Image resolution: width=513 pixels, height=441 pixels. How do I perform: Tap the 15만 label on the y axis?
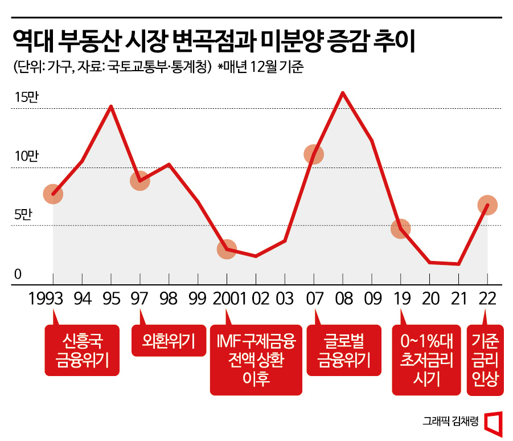point(26,97)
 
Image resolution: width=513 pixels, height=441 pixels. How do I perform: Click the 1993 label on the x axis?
point(52,299)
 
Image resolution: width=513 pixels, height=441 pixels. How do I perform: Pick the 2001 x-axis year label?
point(227,299)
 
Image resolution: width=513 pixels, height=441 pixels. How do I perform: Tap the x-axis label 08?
point(343,299)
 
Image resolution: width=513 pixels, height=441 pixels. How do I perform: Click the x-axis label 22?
point(487,299)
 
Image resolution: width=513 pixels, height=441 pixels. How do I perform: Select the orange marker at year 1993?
point(53,194)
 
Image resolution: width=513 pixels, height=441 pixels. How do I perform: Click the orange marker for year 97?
point(139,181)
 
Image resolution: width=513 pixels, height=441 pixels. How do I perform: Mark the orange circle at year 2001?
point(227,250)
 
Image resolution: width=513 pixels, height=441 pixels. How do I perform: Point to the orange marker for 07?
point(314,154)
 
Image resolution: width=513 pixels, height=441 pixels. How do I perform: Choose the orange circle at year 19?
point(401,229)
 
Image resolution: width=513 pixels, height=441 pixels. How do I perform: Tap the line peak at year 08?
point(343,92)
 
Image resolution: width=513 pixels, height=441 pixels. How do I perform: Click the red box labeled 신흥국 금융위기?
point(82,350)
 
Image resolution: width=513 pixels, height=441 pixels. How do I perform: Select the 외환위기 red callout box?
point(169,341)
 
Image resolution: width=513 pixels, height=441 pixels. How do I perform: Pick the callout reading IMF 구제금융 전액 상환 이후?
point(256,360)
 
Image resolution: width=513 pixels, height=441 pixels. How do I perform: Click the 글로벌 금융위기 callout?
point(343,350)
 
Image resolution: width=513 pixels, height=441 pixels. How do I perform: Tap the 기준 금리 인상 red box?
point(486,360)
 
